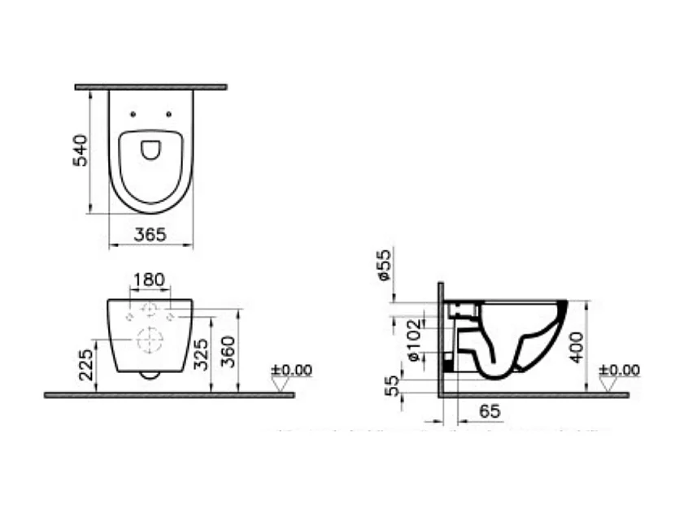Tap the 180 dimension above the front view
[149, 280]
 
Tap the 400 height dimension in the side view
[577, 346]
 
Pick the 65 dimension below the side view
[489, 412]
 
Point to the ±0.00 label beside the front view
[291, 370]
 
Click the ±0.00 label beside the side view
[619, 371]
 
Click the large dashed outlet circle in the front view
[150, 341]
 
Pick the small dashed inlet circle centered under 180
[150, 310]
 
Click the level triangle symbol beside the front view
[281, 384]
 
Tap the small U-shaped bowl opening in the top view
[150, 150]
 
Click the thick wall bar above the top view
[150, 86]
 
